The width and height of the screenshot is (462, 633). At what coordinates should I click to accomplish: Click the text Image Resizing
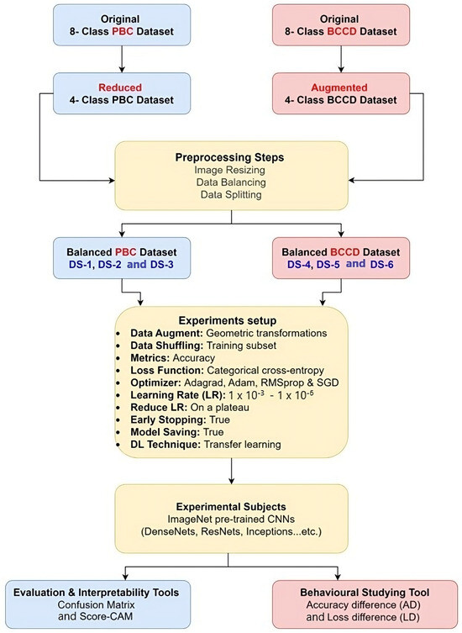coord(230,170)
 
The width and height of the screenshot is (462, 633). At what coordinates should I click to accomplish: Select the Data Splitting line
coord(230,195)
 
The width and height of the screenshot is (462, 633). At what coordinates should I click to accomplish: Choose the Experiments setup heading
coord(230,320)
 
